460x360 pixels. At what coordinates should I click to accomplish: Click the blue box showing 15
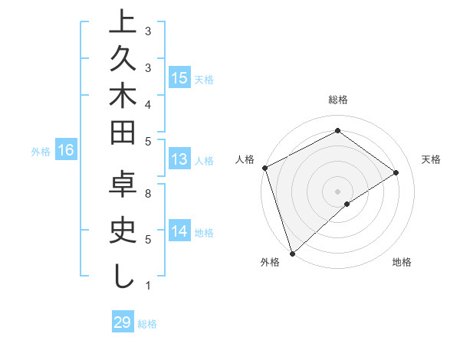(179, 78)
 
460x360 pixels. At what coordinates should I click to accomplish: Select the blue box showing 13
(179, 159)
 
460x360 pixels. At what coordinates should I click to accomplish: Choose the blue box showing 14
(179, 231)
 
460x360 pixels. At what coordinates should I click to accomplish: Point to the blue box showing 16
(65, 150)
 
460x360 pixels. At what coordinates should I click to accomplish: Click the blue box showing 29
(122, 322)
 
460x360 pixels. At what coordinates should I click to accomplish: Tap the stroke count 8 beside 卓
(148, 195)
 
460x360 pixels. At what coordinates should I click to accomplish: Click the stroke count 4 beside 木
(148, 103)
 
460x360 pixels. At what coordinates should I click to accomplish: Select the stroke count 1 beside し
(148, 286)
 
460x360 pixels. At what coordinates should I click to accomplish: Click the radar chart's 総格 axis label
(338, 100)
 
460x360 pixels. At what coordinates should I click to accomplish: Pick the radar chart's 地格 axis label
(402, 262)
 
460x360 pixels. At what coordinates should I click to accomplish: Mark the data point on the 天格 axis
(396, 172)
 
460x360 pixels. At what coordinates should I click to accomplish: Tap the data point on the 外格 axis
(292, 253)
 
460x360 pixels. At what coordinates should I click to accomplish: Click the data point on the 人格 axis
(264, 168)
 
